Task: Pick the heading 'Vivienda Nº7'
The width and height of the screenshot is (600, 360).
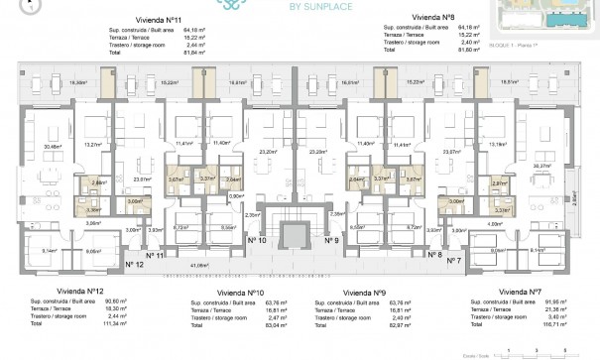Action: (521, 292)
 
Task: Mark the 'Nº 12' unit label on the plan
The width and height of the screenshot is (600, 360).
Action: (135, 264)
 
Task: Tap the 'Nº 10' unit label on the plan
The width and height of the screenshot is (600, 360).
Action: (257, 240)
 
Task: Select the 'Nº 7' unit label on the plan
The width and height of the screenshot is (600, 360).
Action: (453, 260)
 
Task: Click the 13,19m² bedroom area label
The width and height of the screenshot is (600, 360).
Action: (498, 143)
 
